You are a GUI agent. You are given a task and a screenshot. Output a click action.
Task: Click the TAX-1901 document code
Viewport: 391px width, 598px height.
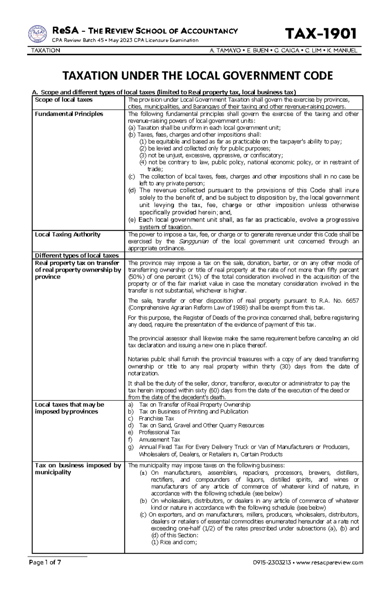tap(321, 34)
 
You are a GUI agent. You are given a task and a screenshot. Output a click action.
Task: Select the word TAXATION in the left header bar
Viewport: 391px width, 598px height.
tap(45, 51)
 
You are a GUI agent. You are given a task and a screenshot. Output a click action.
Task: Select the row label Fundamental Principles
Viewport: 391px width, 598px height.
tap(69, 114)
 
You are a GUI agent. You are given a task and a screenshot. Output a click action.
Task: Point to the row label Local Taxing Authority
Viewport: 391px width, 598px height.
tap(67, 234)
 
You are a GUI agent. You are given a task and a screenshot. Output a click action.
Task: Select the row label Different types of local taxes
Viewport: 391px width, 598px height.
tap(77, 255)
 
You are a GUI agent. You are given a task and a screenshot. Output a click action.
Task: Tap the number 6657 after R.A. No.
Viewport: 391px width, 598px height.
tap(352, 301)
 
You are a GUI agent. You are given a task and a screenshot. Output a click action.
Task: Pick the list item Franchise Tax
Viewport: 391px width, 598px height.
tap(156, 418)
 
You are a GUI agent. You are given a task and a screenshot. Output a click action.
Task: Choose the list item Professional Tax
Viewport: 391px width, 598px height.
tap(159, 432)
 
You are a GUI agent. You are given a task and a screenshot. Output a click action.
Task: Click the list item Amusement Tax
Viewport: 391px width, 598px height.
tap(155, 440)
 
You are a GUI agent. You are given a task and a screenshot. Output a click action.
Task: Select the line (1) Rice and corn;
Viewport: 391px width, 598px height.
tap(174, 542)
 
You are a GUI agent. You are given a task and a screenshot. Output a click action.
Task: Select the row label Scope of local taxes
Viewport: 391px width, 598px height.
tap(64, 100)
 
